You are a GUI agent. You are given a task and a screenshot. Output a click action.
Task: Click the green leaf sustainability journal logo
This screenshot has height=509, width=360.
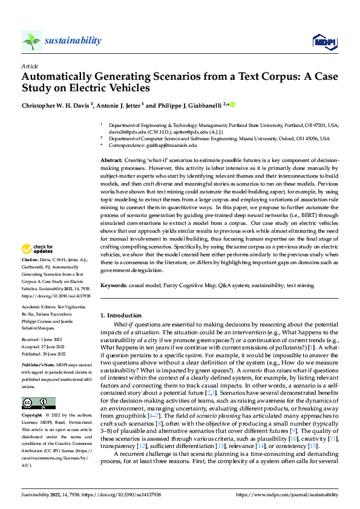pos(31,41)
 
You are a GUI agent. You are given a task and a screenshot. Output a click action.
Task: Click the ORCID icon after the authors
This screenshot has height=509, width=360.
pos(232,104)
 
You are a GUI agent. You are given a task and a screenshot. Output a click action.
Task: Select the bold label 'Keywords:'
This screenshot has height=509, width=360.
pos(114,284)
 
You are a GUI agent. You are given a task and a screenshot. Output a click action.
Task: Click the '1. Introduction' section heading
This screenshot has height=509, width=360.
pos(123,315)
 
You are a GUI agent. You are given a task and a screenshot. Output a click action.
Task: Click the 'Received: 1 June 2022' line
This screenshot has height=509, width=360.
pos(43,340)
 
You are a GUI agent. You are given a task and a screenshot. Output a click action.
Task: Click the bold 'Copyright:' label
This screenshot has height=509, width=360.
pos(33,399)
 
